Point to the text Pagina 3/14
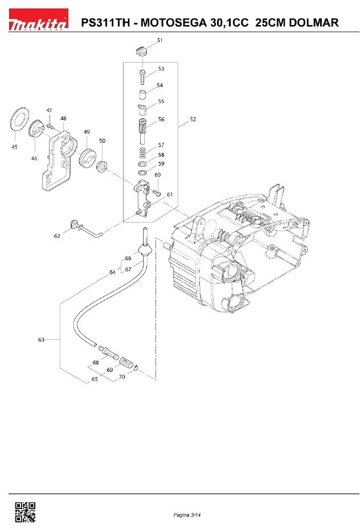[188, 515]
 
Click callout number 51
[160, 40]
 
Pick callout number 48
[63, 119]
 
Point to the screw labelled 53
[142, 76]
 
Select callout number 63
[41, 340]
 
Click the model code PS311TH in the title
[108, 23]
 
